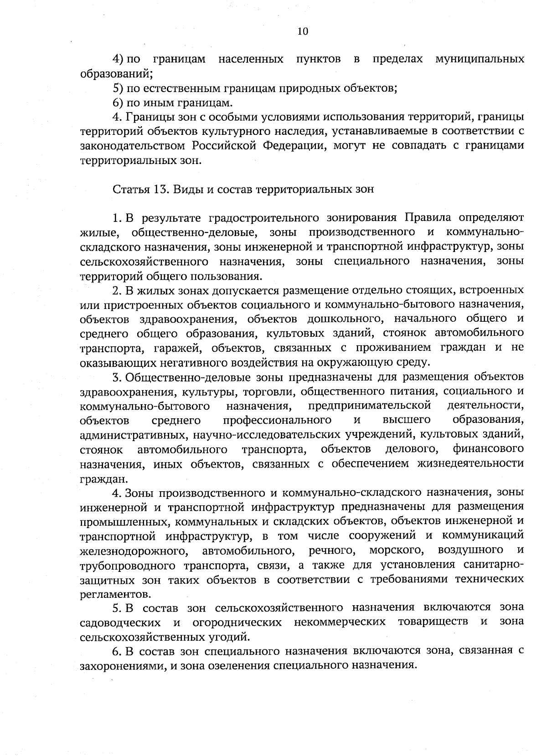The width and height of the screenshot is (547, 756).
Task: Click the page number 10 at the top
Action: [303, 31]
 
